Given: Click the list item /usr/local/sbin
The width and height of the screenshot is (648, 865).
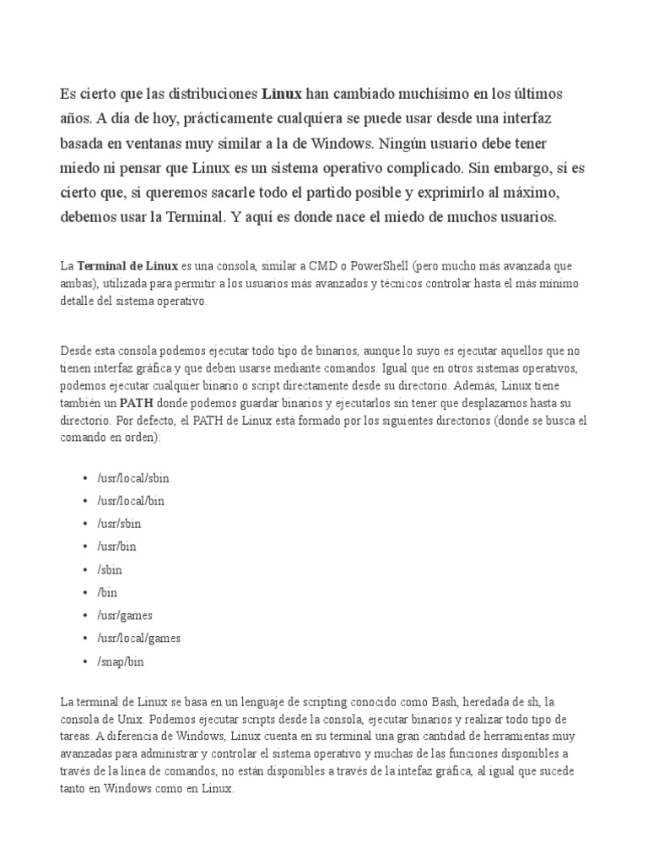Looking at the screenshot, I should [x=133, y=478].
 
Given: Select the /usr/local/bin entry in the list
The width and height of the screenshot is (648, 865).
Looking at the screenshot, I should [x=131, y=501].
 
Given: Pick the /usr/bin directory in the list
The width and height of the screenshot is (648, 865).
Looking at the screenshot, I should [x=116, y=547].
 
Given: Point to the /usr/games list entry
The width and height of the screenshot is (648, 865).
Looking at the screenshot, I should [x=125, y=616].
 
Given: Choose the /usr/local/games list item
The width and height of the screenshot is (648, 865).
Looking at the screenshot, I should [x=139, y=639].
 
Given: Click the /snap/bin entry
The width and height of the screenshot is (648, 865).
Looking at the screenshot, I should [x=121, y=661].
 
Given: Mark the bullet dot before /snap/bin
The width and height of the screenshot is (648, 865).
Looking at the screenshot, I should [x=86, y=661].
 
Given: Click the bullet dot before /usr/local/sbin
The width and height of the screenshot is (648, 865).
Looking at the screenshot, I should [x=86, y=478].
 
